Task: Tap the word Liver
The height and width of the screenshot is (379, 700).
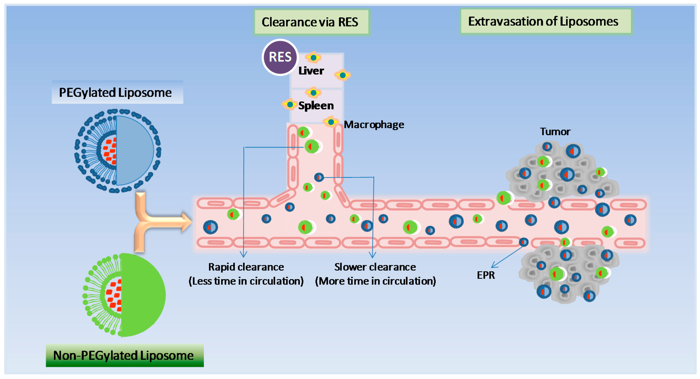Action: [311, 71]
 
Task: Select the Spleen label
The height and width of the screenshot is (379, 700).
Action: [316, 105]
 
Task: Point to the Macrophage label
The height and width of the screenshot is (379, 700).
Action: [374, 125]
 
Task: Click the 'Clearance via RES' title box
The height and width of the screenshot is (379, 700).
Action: [311, 22]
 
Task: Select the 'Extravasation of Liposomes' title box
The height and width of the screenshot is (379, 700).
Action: [546, 22]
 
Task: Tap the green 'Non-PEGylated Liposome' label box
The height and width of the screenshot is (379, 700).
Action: [124, 355]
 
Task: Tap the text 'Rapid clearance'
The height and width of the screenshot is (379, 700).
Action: [246, 267]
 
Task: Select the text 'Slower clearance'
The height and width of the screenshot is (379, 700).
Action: [375, 267]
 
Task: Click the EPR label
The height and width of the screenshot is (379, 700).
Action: [486, 275]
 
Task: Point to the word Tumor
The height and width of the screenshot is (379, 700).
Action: [555, 132]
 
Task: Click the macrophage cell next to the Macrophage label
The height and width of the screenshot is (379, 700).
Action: [331, 122]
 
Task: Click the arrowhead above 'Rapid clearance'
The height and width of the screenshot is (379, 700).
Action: [243, 254]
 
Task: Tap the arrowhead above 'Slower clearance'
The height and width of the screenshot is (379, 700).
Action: [372, 255]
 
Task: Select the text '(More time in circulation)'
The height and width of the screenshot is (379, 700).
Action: [375, 281]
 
